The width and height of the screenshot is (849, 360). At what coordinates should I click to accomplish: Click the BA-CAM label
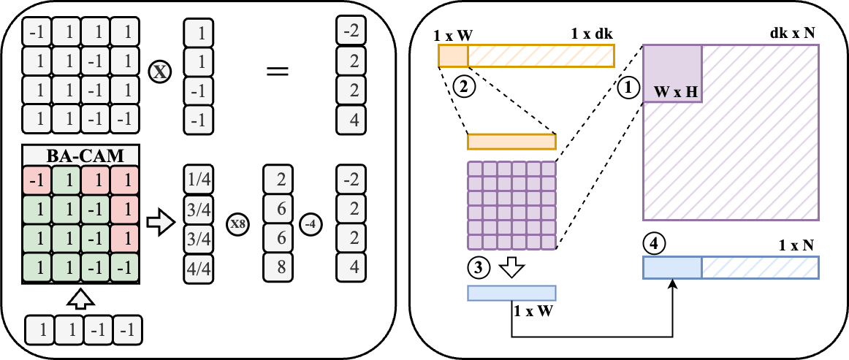point(80,156)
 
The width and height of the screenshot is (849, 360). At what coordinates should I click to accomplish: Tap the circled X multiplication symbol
point(159,72)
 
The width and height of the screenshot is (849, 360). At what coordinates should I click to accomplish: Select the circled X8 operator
point(237,224)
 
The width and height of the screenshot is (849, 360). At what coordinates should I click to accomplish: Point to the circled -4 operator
point(311,224)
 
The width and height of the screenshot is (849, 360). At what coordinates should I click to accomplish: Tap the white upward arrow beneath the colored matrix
point(80,299)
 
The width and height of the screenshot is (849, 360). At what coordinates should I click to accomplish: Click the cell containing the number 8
point(277,268)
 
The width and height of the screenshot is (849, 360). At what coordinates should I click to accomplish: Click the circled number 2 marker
point(464,87)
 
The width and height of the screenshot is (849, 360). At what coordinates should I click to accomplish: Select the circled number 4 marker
point(654,243)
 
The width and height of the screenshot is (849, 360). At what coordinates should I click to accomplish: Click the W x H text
point(677,92)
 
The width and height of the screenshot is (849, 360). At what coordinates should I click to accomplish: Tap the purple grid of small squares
point(511,205)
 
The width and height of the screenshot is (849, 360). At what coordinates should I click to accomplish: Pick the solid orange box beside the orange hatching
point(453,55)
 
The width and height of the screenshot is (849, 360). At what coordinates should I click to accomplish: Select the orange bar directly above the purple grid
point(511,142)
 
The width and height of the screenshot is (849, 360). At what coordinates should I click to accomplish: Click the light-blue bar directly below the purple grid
point(511,293)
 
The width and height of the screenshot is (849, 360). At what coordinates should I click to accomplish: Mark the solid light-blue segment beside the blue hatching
point(672,267)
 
